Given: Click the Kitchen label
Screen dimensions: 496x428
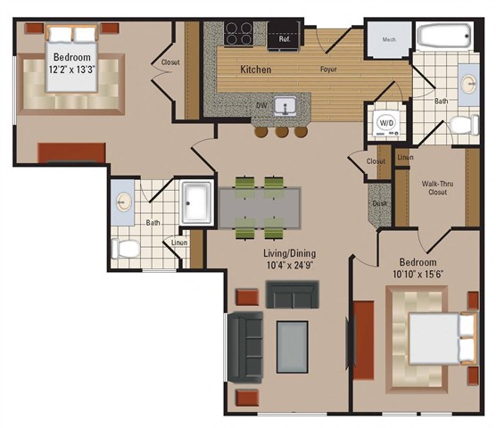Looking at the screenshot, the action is click(256, 70).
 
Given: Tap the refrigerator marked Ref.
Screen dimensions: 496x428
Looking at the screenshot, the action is click(284, 35).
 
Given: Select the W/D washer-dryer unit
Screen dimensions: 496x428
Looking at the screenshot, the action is click(386, 123).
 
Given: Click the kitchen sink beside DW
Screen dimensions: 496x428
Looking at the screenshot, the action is click(285, 105).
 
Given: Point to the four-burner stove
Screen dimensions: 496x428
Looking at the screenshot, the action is click(238, 33).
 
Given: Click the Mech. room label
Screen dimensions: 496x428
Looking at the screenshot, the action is click(389, 39).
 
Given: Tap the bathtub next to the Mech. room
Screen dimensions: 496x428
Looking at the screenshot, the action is click(444, 36).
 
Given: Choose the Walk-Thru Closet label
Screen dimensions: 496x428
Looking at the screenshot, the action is click(437, 188).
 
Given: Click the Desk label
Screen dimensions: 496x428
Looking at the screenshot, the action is click(380, 203).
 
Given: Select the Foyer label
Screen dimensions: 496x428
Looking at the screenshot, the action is click(328, 69).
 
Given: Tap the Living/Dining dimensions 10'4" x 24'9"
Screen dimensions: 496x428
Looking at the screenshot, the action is click(290, 265).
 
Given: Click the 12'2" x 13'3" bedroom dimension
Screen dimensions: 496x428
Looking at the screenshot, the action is click(72, 70).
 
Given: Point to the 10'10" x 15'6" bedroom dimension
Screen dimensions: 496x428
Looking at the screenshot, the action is click(417, 274).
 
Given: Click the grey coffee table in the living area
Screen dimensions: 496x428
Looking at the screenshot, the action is click(293, 347).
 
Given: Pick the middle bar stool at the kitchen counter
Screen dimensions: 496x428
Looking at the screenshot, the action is click(282, 131).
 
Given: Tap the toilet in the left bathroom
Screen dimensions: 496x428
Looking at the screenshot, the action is click(125, 249).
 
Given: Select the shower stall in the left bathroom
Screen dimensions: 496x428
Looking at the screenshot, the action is click(196, 202).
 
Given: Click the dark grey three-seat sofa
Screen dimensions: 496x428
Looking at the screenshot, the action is click(245, 347).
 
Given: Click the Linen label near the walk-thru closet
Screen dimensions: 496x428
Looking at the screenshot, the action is click(406, 157).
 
